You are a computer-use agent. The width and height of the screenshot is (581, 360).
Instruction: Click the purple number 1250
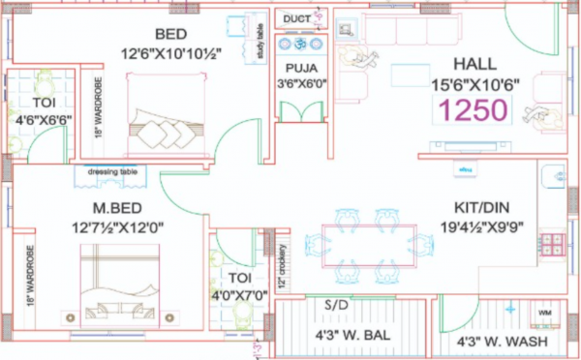(474, 109)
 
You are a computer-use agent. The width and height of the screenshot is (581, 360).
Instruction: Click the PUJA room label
(298, 68)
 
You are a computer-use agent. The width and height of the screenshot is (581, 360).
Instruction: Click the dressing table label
(112, 172)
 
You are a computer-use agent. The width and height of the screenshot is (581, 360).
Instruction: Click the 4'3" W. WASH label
(501, 342)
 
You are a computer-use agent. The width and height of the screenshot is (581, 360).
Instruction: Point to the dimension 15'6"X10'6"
(475, 83)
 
